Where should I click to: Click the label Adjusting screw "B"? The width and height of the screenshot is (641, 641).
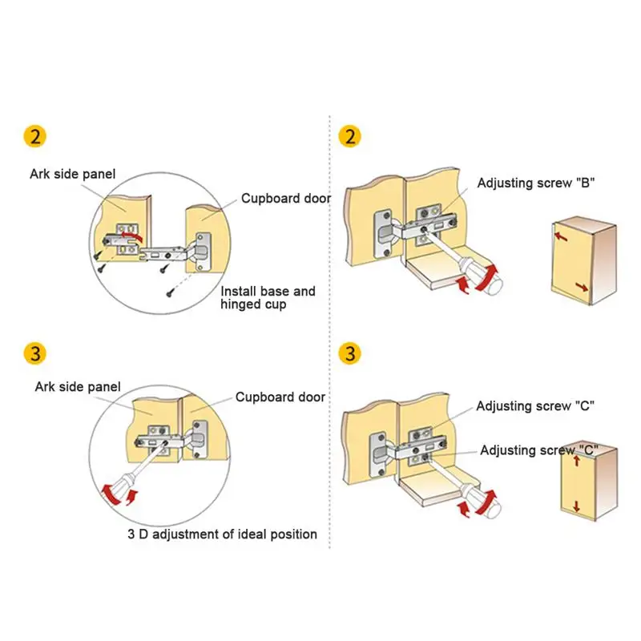534,183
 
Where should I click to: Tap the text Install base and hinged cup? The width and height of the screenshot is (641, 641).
268,298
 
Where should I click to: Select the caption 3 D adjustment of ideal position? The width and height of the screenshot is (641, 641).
222,534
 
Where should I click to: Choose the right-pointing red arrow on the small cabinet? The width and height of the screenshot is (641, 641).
584,286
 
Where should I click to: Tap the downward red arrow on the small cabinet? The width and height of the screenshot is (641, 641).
574,504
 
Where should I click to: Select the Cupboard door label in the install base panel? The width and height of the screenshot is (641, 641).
285,199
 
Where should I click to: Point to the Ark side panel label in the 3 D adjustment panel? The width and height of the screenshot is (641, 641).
78,387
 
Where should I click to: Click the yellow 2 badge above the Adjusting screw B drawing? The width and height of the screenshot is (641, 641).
349,136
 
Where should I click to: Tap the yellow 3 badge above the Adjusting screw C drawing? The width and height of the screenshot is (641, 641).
349,353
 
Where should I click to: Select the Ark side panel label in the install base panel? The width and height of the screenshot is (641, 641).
73,173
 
